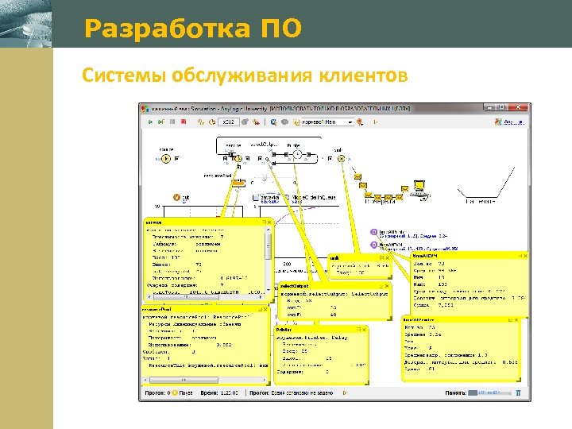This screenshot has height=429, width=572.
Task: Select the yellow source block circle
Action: click(165, 159)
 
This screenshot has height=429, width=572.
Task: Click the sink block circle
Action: click(341, 158)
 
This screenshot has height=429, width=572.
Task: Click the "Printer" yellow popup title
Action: click(284, 328)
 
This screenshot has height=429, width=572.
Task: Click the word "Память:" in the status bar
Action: click(455, 392)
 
